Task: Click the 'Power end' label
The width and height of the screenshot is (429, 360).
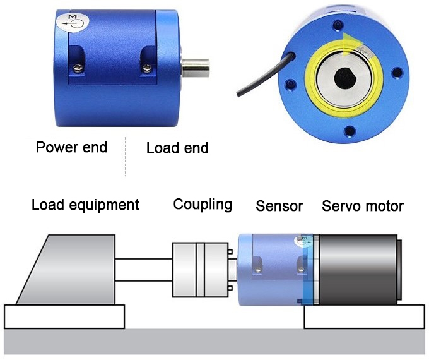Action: click(x=71, y=148)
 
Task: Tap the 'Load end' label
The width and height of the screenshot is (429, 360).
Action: click(x=177, y=148)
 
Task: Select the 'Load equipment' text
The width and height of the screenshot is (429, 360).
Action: click(x=85, y=205)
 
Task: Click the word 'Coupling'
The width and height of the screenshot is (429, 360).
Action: click(x=203, y=205)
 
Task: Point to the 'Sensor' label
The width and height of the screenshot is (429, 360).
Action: click(x=279, y=206)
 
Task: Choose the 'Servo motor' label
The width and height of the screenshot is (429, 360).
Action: click(x=362, y=206)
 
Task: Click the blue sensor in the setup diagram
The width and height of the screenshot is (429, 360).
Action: click(x=268, y=268)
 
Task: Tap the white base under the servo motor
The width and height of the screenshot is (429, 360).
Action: click(x=365, y=316)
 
